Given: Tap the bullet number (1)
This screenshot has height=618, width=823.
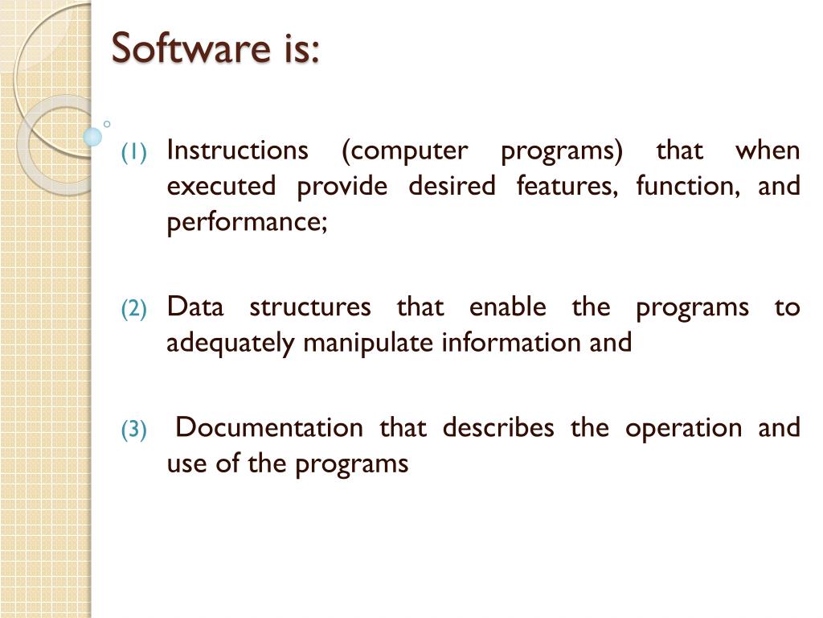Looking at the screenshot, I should pyautogui.click(x=134, y=152).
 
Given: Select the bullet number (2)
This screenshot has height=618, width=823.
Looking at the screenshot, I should pyautogui.click(x=134, y=309).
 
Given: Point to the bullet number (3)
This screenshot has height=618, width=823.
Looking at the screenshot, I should pyautogui.click(x=134, y=431).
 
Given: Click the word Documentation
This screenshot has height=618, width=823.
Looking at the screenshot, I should pyautogui.click(x=268, y=428).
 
